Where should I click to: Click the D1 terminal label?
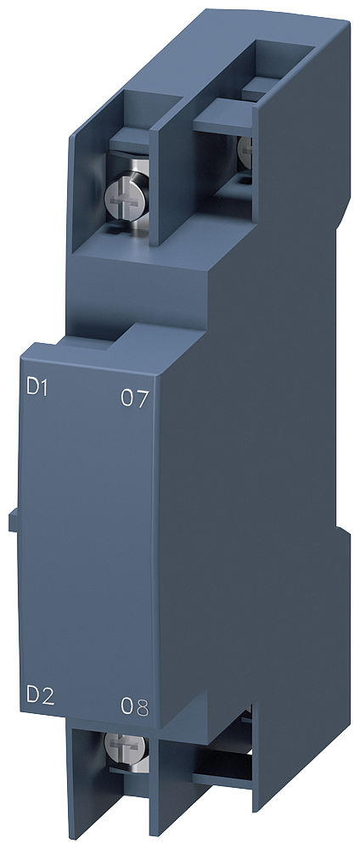tap(38, 388)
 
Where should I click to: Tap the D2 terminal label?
tap(40, 696)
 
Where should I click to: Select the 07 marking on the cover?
tap(133, 398)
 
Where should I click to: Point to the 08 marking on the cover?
tap(134, 707)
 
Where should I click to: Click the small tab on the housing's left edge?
tap(14, 521)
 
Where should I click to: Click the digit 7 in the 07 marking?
tap(141, 398)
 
